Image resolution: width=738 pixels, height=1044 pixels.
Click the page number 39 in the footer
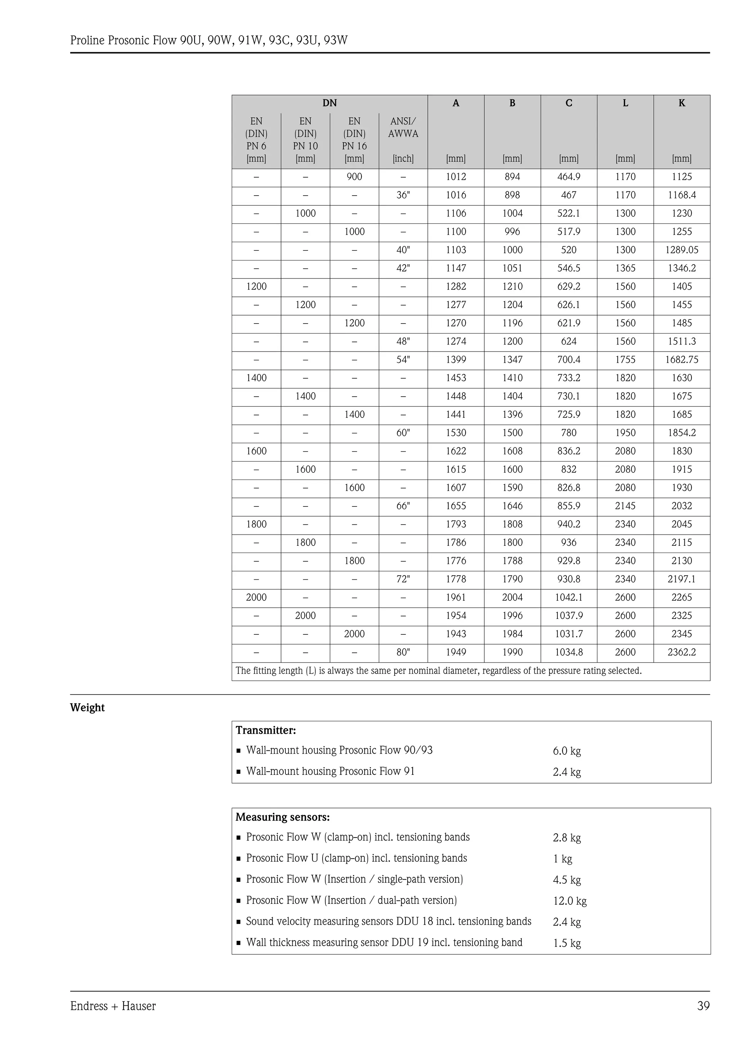click(703, 1006)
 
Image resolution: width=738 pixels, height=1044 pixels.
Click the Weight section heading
click(87, 708)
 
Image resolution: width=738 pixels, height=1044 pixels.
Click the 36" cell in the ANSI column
click(403, 195)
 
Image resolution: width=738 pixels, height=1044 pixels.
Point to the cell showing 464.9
click(568, 177)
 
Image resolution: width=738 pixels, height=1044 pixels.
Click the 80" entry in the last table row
click(403, 652)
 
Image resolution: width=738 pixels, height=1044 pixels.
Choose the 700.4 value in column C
click(568, 360)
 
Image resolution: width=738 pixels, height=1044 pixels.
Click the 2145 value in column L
click(625, 506)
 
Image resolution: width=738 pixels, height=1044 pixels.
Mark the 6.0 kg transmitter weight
click(566, 751)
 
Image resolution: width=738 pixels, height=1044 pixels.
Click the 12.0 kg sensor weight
click(569, 901)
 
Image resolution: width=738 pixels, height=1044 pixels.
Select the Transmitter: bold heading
click(266, 730)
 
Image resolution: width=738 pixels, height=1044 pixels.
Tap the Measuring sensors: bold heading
click(283, 817)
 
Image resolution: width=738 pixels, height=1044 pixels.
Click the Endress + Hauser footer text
click(113, 1006)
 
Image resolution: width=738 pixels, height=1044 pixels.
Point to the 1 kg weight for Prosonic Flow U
click(563, 858)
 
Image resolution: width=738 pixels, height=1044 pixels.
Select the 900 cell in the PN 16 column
click(354, 177)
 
